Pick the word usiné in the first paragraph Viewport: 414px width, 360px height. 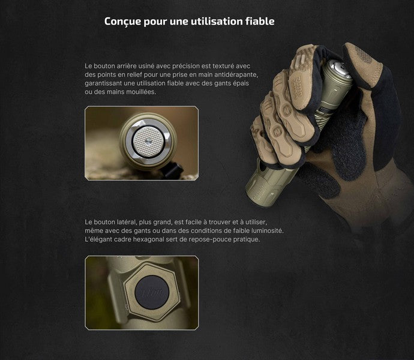pyautogui.click(x=142, y=65)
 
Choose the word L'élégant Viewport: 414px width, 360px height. pyautogui.click(x=100, y=239)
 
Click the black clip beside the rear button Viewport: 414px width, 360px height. pyautogui.click(x=175, y=171)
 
